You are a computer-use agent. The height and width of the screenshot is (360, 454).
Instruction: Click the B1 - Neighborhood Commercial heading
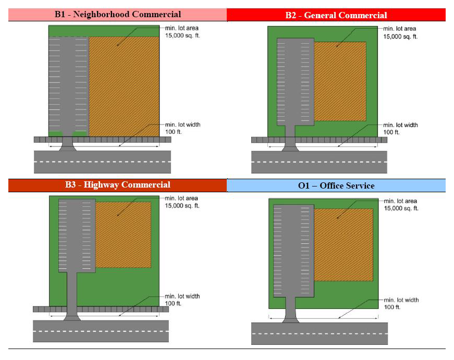tap(118, 15)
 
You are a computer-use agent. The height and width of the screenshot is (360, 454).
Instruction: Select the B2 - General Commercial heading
tap(336, 15)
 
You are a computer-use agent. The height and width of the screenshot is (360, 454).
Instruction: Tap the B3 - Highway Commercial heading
tap(118, 185)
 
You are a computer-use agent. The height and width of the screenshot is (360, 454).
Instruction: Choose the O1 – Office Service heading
tap(336, 185)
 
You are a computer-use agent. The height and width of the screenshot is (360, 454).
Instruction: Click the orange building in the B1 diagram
tap(124, 86)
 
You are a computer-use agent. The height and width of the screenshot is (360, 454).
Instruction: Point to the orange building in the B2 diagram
tap(340, 81)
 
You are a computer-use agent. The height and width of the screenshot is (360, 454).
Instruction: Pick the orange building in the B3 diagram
tap(123, 235)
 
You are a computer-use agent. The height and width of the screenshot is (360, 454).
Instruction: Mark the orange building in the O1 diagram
tap(343, 245)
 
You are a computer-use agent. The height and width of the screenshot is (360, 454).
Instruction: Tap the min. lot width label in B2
tap(400, 129)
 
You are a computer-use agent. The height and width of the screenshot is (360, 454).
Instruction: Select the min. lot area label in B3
tap(182, 202)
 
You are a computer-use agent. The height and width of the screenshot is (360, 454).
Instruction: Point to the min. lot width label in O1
tap(401, 303)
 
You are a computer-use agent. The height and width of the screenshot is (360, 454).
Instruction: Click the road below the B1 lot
tap(102, 162)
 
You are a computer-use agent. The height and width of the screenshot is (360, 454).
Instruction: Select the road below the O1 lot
tap(319, 333)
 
